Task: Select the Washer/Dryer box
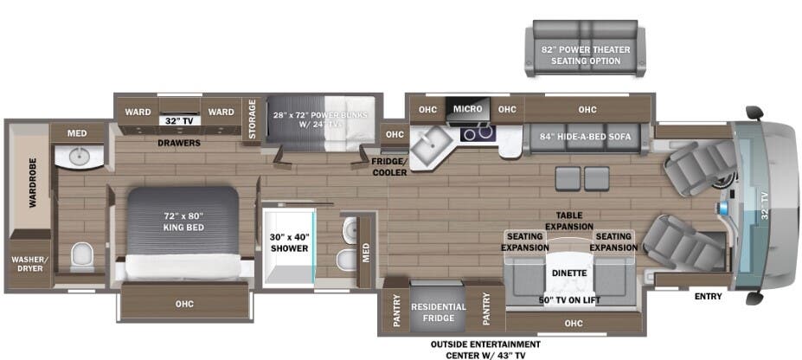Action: [29, 263]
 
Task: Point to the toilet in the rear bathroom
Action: [81, 255]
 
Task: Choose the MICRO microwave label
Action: [467, 109]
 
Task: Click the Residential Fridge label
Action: [439, 312]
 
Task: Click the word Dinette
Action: [569, 273]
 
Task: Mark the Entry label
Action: [707, 297]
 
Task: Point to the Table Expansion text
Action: [569, 221]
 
